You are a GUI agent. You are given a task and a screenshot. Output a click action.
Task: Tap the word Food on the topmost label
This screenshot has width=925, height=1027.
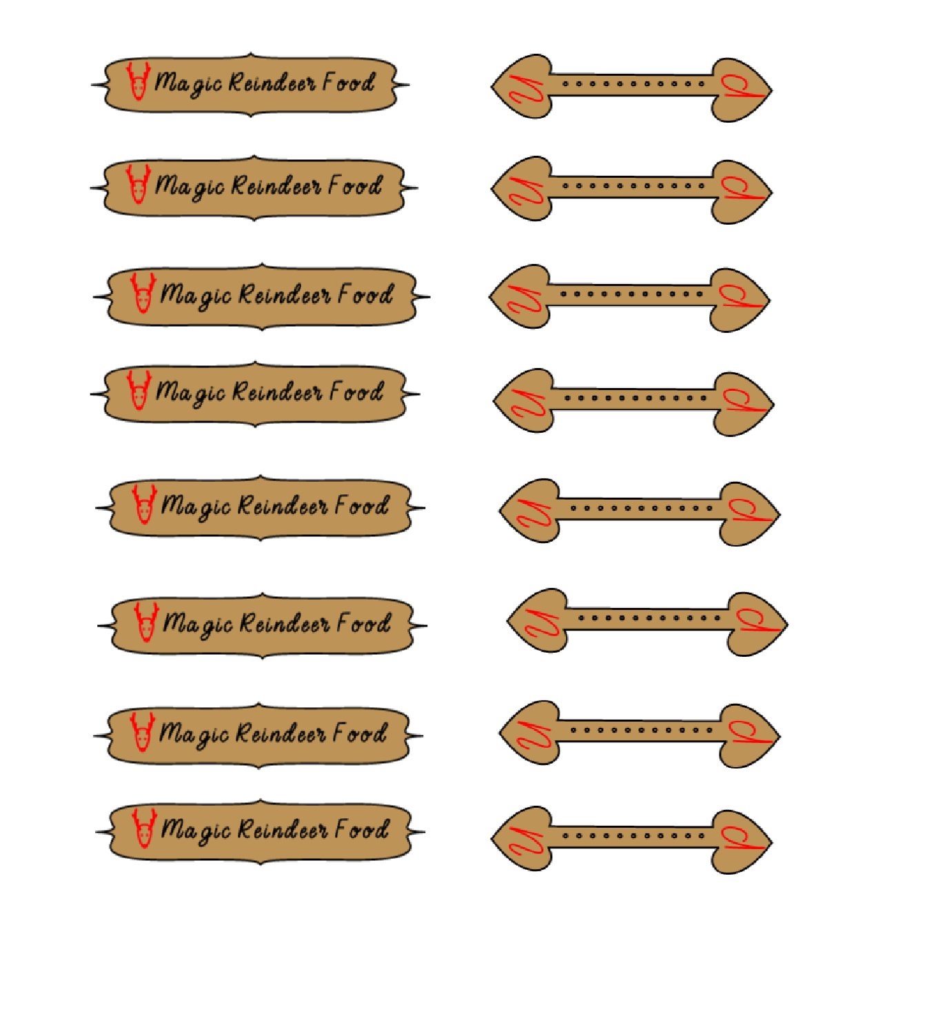click(x=349, y=83)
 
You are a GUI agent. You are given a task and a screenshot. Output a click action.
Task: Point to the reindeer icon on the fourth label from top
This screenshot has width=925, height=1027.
click(x=139, y=389)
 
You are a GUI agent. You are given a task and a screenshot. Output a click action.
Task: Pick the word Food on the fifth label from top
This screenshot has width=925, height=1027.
click(x=362, y=506)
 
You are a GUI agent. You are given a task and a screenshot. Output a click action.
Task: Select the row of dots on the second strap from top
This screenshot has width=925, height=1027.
click(x=632, y=185)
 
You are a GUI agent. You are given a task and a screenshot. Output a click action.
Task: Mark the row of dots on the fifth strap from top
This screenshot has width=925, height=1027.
click(x=641, y=509)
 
